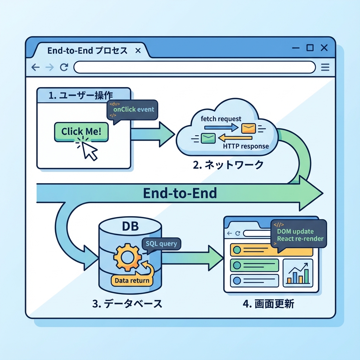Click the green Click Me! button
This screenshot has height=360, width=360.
81,132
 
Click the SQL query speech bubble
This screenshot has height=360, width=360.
161,243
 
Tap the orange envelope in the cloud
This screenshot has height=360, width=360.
249,128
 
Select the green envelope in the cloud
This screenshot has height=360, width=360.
207,138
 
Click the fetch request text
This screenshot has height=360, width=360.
221,119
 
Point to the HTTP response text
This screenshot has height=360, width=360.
246,146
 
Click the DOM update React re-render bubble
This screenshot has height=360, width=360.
300,235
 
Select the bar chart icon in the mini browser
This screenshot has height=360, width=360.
299,274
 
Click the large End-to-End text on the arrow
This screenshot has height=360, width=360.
180,193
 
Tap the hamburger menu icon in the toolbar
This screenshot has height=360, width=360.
325,67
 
